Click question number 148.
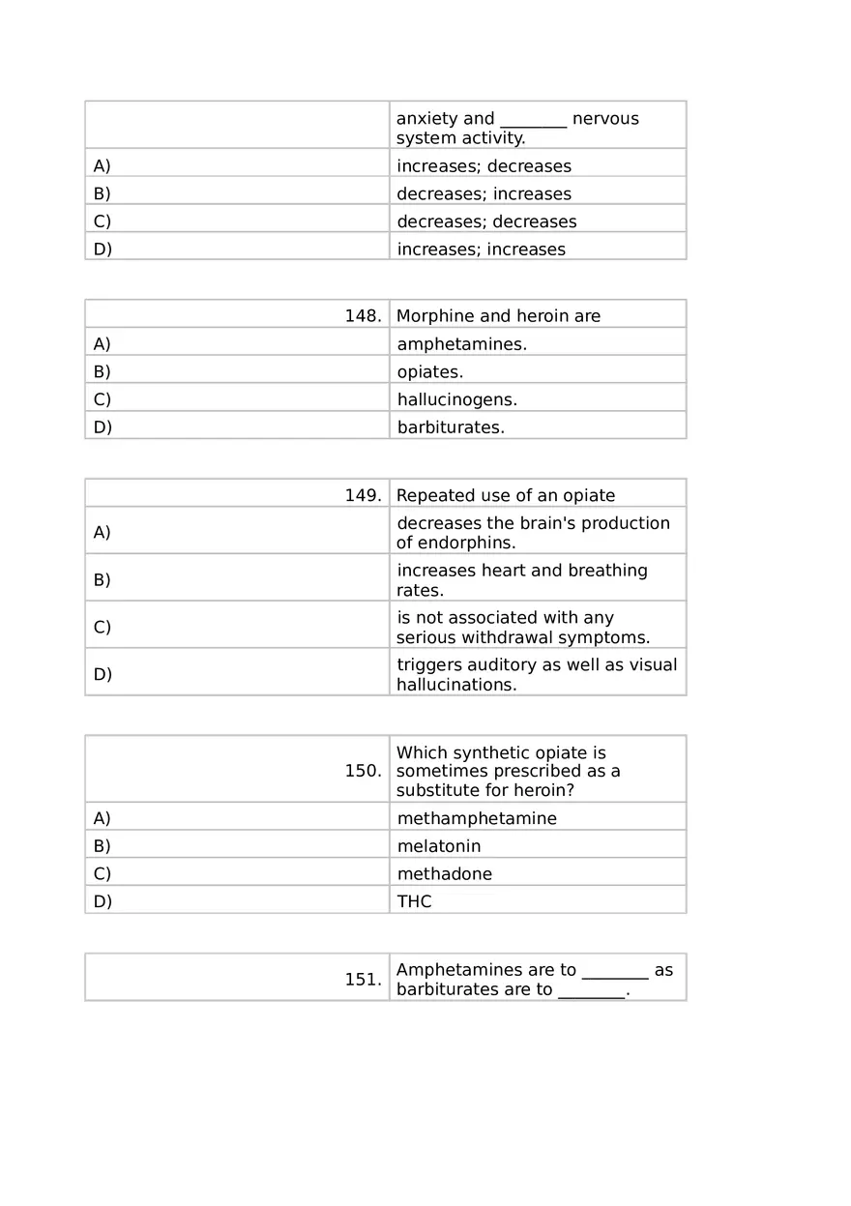[363, 316]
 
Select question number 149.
[363, 496]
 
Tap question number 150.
[363, 771]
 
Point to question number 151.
[363, 980]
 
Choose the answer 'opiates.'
[429, 372]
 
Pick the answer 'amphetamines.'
[461, 344]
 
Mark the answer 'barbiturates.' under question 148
[451, 427]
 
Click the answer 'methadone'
[444, 874]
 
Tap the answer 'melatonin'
[438, 846]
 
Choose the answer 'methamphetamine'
[477, 819]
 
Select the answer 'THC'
[414, 901]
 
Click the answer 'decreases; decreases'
[486, 222]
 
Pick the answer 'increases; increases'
[481, 250]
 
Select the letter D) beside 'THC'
[103, 901]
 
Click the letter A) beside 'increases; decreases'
[102, 166]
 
